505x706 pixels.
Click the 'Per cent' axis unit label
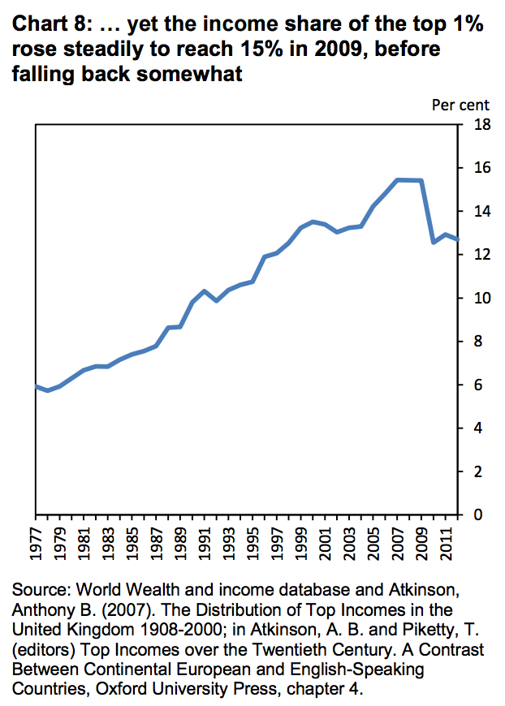click(460, 105)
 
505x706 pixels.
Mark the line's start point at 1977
click(37, 386)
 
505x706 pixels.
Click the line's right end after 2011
click(456, 239)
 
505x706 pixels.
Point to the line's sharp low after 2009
click(433, 242)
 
